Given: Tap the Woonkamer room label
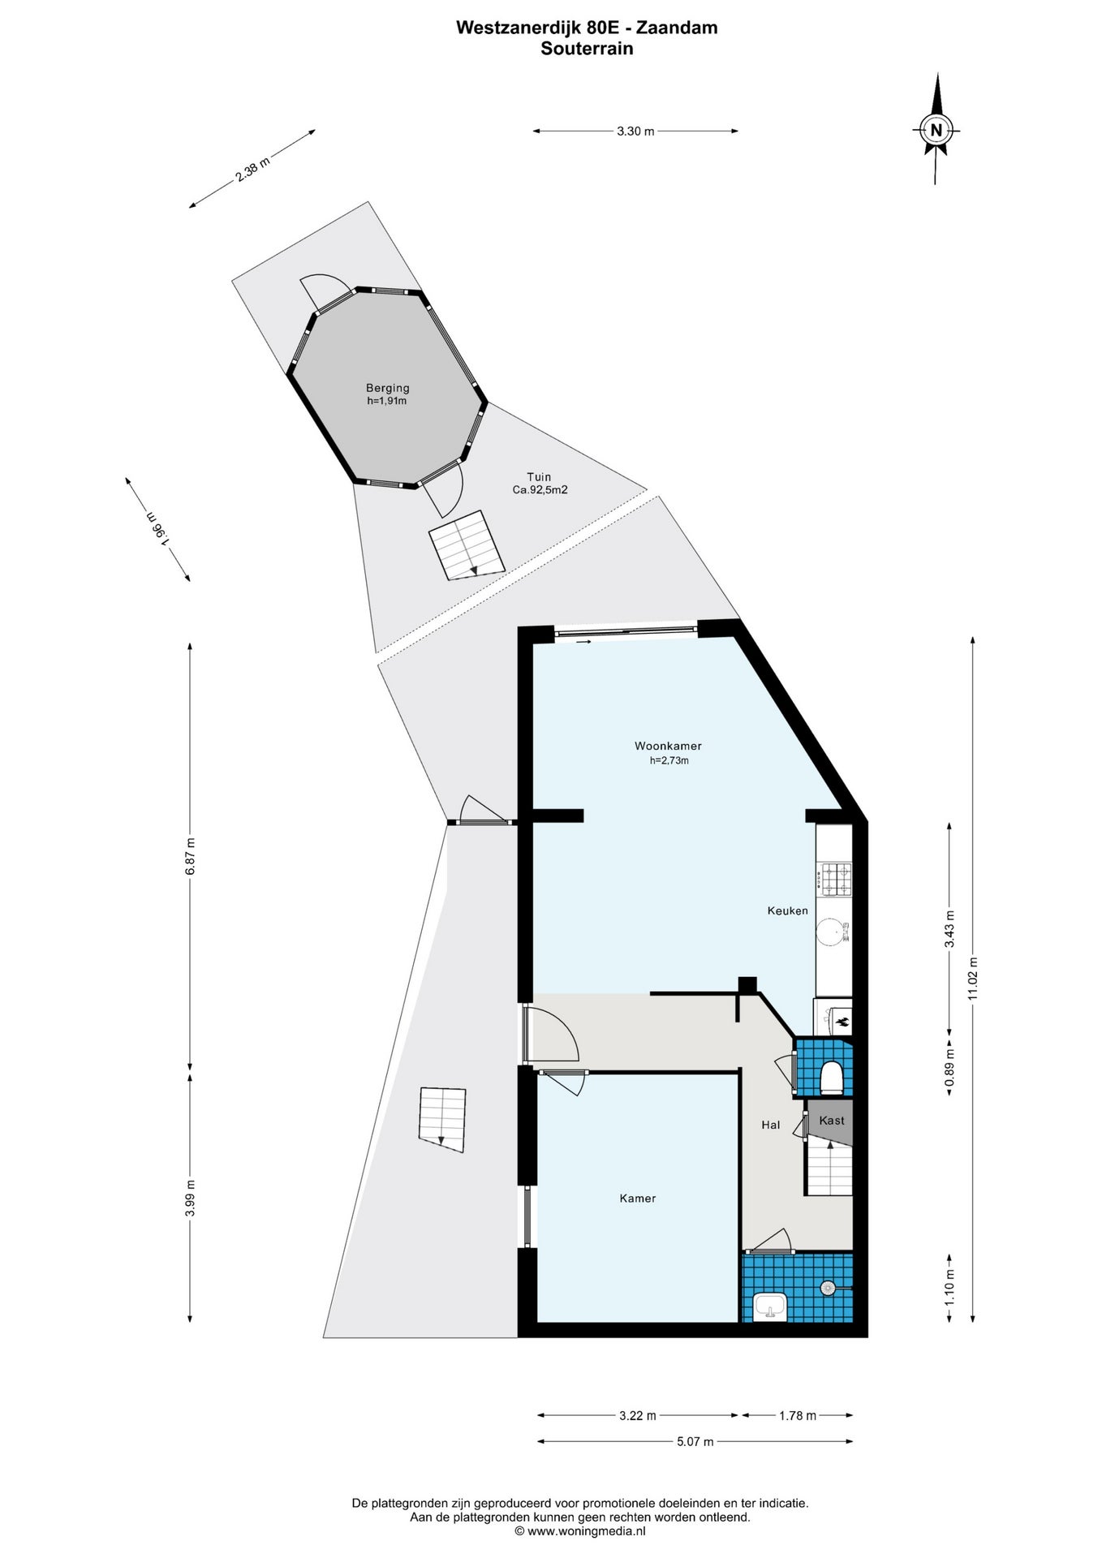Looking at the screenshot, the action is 668,746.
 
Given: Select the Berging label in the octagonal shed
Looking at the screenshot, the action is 387,388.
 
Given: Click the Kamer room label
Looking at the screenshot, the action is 637,1198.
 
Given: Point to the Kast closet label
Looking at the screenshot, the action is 832,1120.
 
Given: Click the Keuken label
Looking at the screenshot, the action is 787,910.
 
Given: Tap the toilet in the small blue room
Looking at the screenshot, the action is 832,1077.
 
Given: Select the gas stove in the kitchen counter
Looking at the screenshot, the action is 835,879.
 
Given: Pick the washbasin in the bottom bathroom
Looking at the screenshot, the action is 769,1307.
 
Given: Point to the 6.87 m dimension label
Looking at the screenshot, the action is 190,855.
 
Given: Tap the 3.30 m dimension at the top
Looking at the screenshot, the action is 635,131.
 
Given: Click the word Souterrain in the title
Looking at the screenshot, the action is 587,48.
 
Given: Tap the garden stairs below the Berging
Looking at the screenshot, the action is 467,544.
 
